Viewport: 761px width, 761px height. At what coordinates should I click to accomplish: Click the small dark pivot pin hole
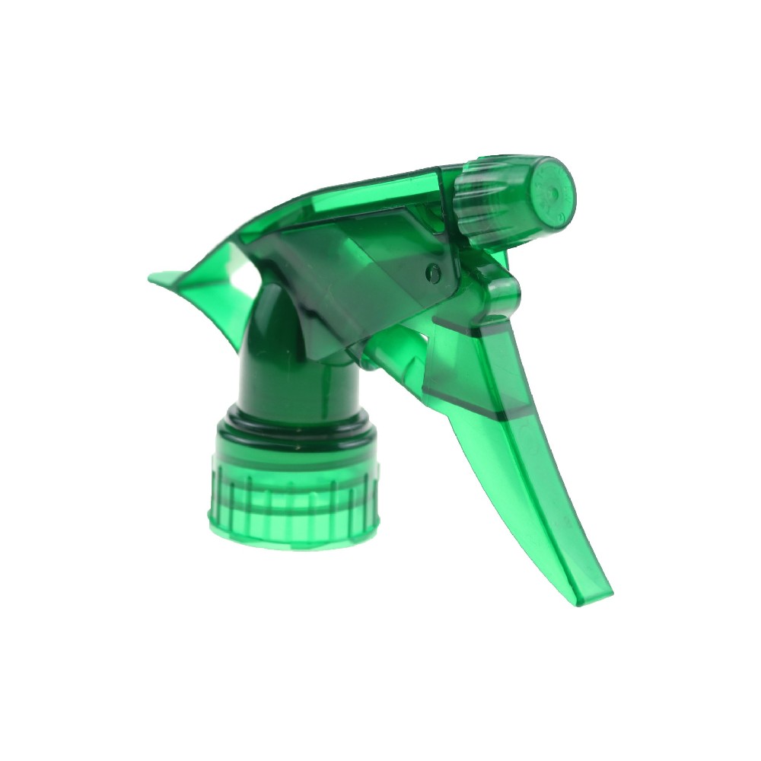coord(435,269)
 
